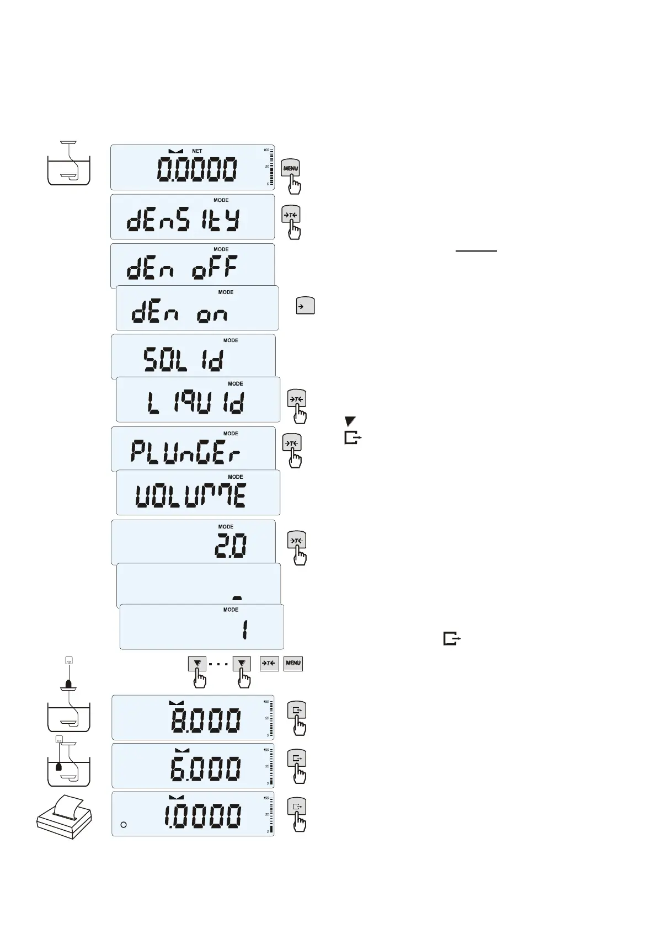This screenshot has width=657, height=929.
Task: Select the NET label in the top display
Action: point(197,151)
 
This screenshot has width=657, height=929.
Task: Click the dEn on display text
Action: point(179,314)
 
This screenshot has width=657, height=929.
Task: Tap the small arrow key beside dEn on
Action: point(306,306)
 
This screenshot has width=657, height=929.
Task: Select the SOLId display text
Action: point(184,361)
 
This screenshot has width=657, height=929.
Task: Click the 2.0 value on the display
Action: point(231,546)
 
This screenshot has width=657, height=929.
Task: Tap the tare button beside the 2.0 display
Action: point(297,541)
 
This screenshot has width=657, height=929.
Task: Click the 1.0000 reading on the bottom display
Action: point(202,816)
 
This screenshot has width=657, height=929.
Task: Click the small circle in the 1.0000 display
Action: point(124,825)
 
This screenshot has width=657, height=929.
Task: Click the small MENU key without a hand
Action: point(293,663)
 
